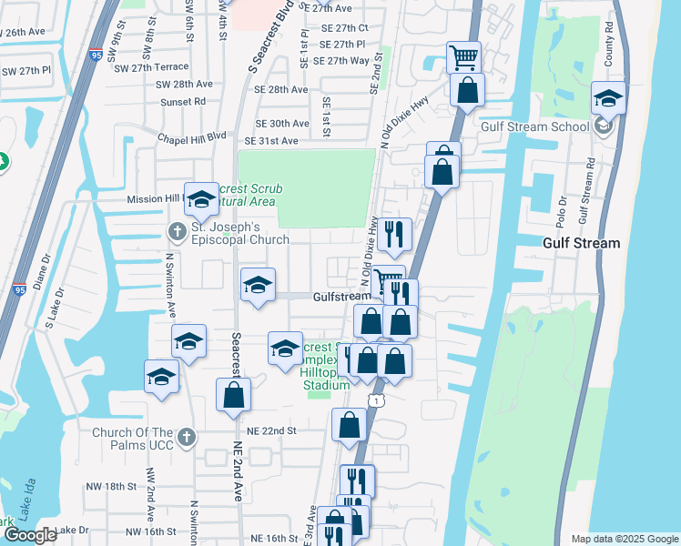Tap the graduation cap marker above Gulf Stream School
[x=607, y=99]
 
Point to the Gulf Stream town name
[x=581, y=243]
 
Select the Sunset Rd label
[x=183, y=102]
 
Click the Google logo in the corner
[x=30, y=535]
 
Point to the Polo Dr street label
[x=562, y=209]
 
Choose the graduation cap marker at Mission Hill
[x=200, y=199]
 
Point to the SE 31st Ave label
[x=270, y=141]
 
